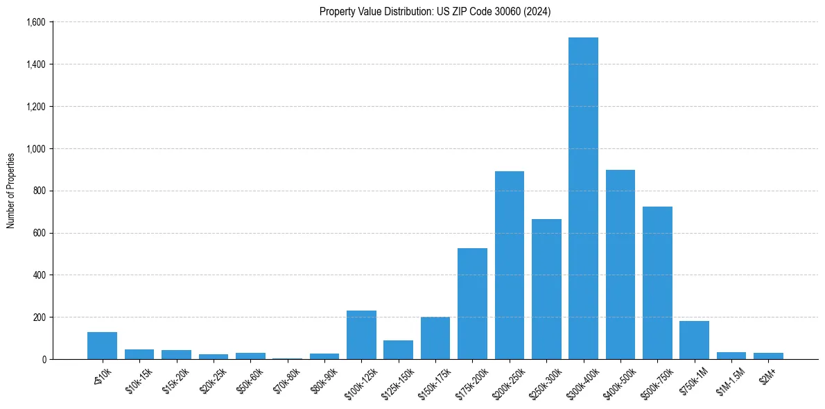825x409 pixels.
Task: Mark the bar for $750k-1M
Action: click(x=694, y=340)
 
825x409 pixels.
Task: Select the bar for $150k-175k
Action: click(x=435, y=338)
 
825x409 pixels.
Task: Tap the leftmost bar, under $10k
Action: click(x=102, y=345)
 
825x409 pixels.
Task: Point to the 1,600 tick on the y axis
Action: click(x=35, y=22)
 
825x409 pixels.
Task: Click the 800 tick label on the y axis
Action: click(x=39, y=191)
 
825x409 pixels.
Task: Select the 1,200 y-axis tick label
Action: click(x=35, y=107)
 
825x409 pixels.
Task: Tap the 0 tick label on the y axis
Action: click(x=43, y=359)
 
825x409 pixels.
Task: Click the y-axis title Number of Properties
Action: click(x=11, y=191)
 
